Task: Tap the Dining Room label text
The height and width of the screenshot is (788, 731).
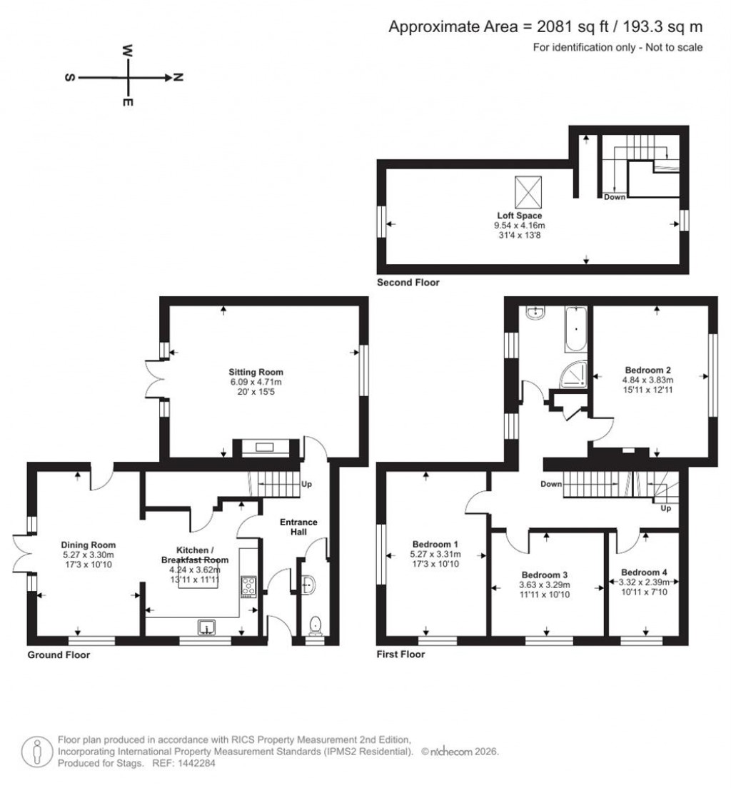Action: (89, 545)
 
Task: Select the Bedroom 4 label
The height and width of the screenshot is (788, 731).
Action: (644, 572)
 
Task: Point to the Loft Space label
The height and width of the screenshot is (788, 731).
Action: (520, 215)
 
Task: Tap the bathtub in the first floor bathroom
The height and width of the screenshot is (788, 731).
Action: (575, 330)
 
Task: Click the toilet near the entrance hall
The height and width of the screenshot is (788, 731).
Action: (316, 626)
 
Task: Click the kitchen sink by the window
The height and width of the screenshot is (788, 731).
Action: (206, 627)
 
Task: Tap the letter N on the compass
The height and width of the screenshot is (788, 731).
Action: (178, 78)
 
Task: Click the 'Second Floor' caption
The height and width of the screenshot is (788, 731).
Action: (408, 283)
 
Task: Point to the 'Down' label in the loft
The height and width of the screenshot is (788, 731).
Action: (614, 196)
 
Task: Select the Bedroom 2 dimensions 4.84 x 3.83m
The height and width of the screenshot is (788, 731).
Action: (647, 380)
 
